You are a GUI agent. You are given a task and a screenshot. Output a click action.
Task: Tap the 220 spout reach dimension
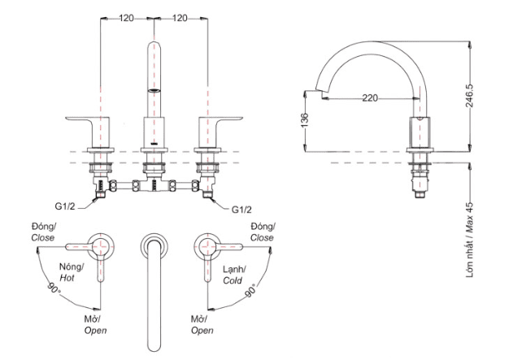(371, 98)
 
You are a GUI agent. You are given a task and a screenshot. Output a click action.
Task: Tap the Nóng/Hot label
(71, 271)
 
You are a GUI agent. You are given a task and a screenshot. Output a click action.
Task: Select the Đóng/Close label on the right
(263, 231)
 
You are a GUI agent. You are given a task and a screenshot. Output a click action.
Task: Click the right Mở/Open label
(202, 325)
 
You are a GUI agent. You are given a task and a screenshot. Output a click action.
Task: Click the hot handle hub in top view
(101, 245)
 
